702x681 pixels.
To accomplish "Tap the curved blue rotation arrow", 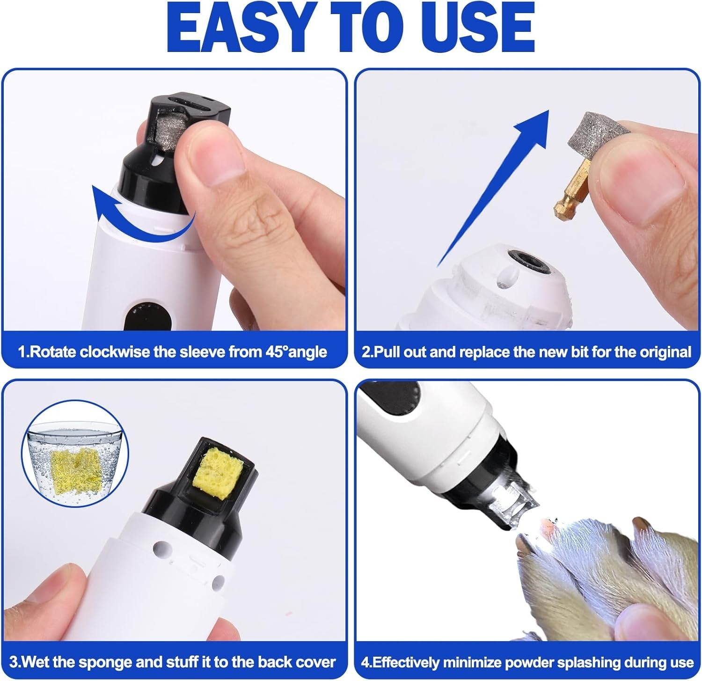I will pyautogui.click(x=140, y=215).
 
